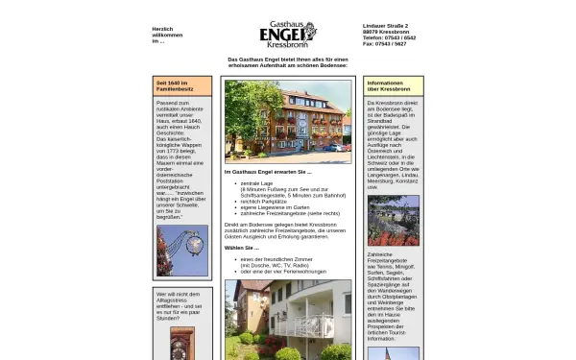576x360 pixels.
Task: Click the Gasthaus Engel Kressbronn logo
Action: [x=288, y=35]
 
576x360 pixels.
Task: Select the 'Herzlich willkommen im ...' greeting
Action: [x=167, y=35]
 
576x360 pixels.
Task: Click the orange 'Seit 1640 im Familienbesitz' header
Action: [x=181, y=85]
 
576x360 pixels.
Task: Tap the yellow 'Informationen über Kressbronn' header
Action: [x=392, y=85]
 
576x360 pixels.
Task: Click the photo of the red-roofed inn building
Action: [x=288, y=122]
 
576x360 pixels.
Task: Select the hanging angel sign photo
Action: [x=181, y=251]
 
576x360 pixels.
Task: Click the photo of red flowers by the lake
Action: [x=393, y=220]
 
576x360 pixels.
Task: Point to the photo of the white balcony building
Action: [x=288, y=320]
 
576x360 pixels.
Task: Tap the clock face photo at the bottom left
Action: [x=181, y=343]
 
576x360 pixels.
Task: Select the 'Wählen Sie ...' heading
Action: [x=243, y=248]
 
